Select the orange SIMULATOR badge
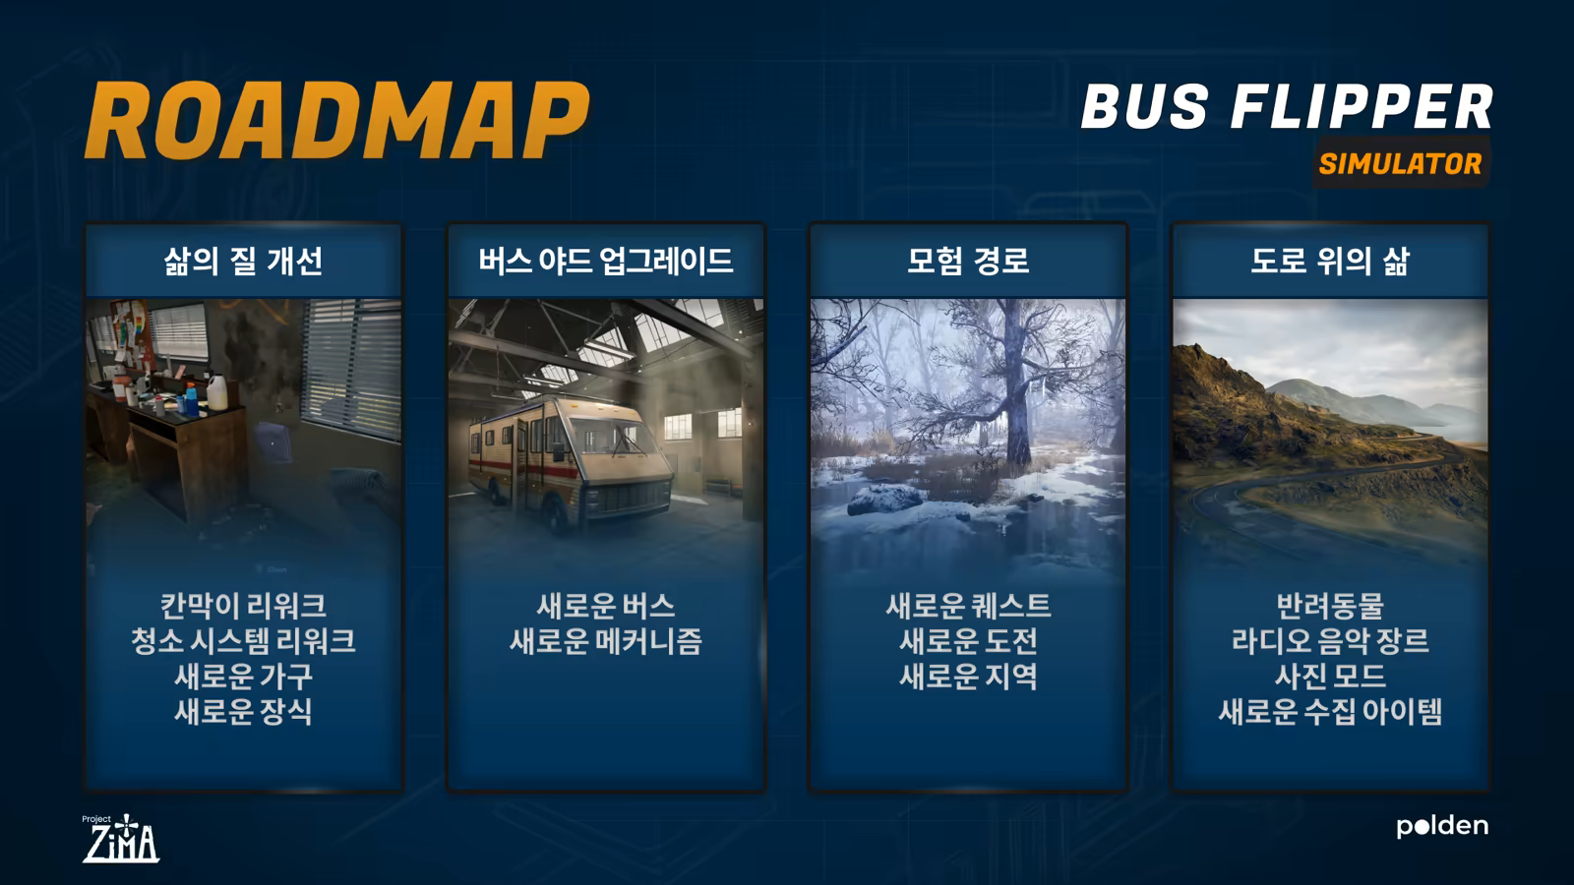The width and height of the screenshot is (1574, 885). (x=1401, y=163)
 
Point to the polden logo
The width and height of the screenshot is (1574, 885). (x=1442, y=826)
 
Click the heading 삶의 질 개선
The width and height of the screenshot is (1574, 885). (x=243, y=262)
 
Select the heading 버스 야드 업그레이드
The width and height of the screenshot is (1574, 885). (x=606, y=262)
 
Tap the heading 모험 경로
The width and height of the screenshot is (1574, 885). (x=968, y=262)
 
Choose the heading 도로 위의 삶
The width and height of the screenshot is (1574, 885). (x=1330, y=262)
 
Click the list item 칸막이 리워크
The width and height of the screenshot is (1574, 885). (x=243, y=606)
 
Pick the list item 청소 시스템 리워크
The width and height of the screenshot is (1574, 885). (x=243, y=640)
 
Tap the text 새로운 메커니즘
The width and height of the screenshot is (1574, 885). (x=606, y=640)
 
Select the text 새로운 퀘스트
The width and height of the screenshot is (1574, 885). (x=968, y=606)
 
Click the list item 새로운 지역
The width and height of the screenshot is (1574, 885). (x=968, y=676)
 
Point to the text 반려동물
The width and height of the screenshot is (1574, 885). (x=1330, y=606)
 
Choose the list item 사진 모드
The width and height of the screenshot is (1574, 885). (x=1330, y=676)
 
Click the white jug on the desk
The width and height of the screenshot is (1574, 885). (x=217, y=392)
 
